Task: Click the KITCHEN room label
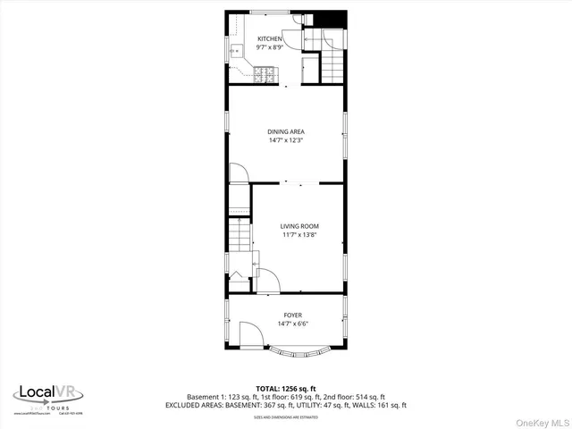(x=269, y=39)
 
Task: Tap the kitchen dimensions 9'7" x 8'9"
(x=269, y=47)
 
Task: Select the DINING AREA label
(x=285, y=131)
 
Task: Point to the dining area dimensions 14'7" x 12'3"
(x=285, y=139)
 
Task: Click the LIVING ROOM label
(x=299, y=227)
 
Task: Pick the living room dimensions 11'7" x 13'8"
(x=299, y=235)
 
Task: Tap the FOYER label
(x=292, y=315)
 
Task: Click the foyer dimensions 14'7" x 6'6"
(x=292, y=324)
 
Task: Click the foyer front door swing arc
(x=252, y=334)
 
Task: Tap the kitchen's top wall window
(x=263, y=12)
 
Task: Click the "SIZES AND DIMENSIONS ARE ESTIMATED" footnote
(x=286, y=416)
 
